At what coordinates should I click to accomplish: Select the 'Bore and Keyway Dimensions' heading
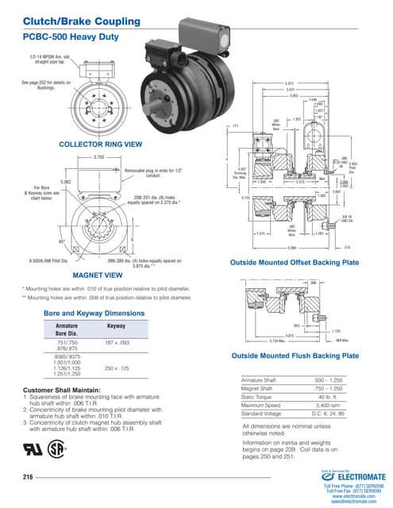[x=92, y=314]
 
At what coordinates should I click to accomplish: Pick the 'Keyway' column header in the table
[x=116, y=326]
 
